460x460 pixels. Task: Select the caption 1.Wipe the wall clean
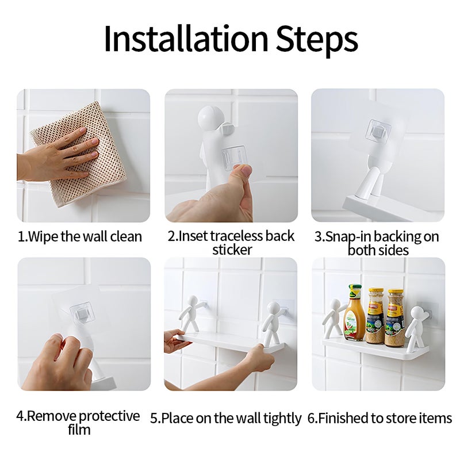[x=80, y=236]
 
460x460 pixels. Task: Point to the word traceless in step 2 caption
[x=236, y=236]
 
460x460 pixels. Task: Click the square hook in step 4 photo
[x=81, y=314]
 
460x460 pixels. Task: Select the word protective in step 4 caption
[x=109, y=416]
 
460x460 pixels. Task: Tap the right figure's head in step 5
[x=273, y=309]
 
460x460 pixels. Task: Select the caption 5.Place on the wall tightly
[x=226, y=418]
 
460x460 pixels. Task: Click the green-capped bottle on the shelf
[x=354, y=313]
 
